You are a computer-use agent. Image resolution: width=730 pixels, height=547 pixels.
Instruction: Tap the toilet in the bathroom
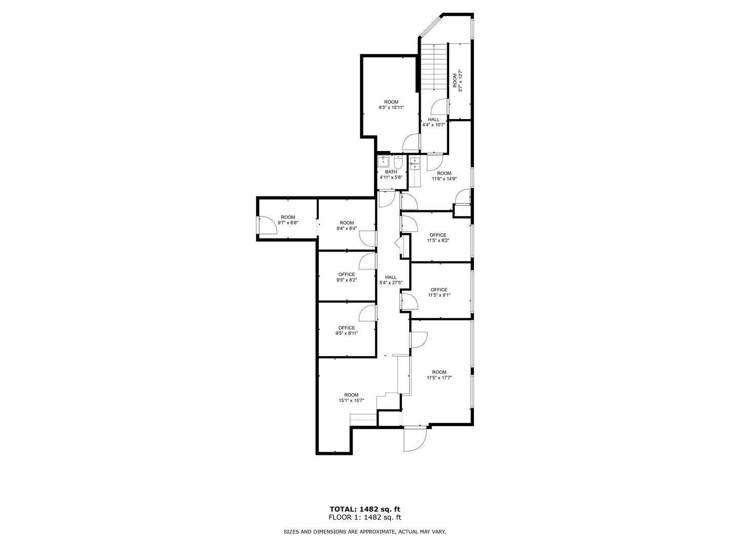tap(398, 163)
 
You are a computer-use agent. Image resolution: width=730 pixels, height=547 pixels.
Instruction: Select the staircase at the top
tap(434, 66)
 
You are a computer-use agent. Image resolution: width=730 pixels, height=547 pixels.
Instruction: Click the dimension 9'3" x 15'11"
tap(391, 108)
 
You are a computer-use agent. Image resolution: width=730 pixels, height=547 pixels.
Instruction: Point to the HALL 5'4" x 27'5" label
tap(391, 280)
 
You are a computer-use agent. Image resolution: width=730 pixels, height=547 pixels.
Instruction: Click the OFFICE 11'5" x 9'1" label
tap(439, 292)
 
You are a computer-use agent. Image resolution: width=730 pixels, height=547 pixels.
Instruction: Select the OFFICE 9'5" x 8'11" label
tap(347, 331)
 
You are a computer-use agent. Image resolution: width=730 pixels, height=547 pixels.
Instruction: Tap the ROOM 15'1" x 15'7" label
tap(351, 398)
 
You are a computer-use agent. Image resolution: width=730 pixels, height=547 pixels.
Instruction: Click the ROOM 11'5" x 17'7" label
tap(439, 374)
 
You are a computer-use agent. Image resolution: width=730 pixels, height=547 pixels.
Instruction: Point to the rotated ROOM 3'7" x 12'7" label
tap(457, 81)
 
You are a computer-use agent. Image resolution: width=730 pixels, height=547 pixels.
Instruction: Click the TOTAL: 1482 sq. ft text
tap(365, 509)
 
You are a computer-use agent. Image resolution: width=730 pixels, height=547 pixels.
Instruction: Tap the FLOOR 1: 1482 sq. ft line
tap(365, 518)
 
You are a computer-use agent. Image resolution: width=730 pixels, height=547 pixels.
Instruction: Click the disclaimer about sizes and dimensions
tap(364, 532)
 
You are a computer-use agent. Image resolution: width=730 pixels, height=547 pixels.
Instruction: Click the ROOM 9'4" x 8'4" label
tap(347, 225)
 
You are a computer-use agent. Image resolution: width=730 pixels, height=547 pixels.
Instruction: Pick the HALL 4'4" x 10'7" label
tap(434, 122)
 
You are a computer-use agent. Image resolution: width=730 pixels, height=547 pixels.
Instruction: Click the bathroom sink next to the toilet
tap(384, 163)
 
